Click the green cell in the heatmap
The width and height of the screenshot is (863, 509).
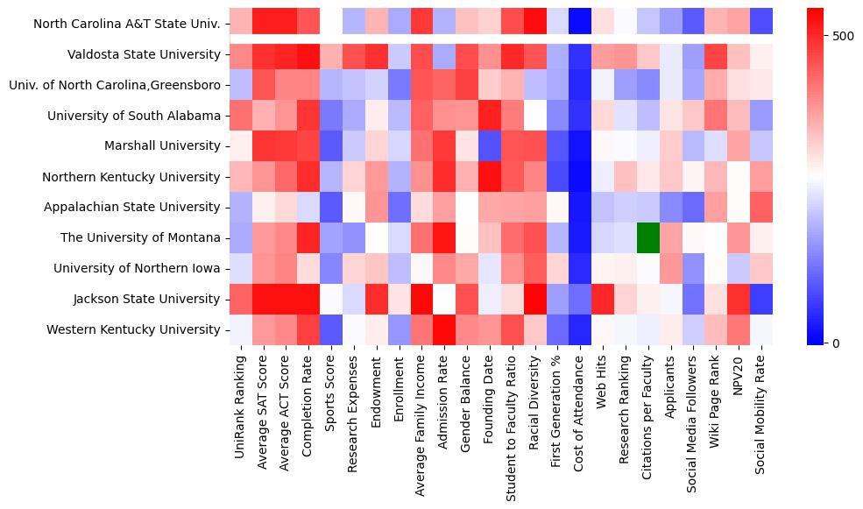coord(647,237)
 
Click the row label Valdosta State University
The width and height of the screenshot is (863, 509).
coord(144,55)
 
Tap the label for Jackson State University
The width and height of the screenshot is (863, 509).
coord(151,299)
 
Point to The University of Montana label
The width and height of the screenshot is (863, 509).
coord(140,237)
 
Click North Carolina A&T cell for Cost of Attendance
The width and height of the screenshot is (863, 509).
coord(579,24)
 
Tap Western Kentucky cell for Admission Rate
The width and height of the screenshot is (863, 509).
coord(443,329)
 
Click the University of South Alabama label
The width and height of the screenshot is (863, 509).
coord(134,116)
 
